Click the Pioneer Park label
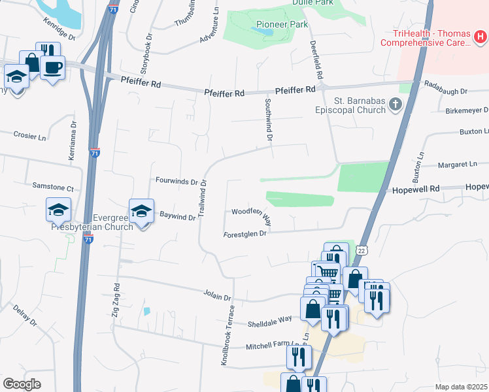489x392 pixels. [x=282, y=24]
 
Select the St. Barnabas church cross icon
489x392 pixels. [x=395, y=104]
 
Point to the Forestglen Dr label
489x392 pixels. [x=245, y=233]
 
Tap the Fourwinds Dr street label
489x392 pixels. [x=177, y=180]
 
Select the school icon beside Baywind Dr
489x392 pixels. [x=141, y=211]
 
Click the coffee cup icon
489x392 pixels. [x=52, y=67]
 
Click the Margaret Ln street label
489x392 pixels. [x=457, y=165]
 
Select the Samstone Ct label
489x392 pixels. [x=54, y=186]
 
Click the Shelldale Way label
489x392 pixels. [x=269, y=321]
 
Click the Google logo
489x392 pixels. [x=22, y=384]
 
